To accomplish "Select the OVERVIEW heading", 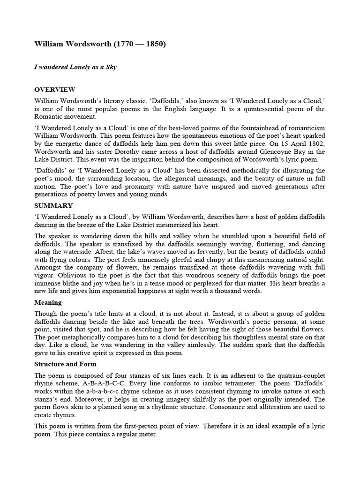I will (x=55, y=90).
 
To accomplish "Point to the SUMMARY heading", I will (x=53, y=205).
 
